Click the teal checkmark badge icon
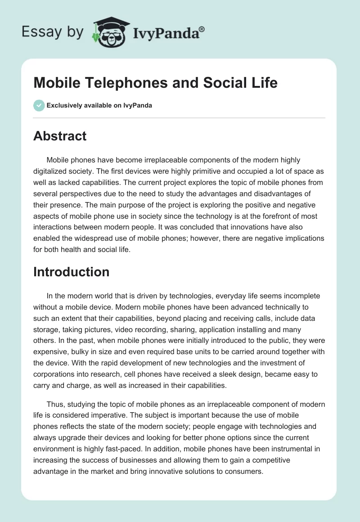coord(39,105)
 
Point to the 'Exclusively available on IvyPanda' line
coord(99,106)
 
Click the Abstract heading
coord(60,136)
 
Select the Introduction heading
coord(71,272)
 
